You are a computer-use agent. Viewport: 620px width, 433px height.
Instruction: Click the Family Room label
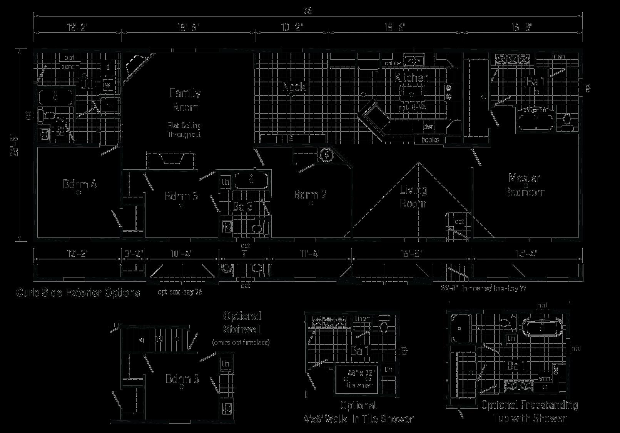[185, 100]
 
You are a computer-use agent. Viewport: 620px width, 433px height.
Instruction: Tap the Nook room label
[294, 87]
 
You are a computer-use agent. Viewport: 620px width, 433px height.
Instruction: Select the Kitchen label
[411, 78]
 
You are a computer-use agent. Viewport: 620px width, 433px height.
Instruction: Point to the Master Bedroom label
[525, 185]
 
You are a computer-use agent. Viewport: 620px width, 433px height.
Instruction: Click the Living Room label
[413, 196]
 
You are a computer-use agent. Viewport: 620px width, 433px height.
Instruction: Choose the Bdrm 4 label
[80, 184]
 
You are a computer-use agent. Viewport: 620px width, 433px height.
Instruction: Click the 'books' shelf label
[430, 140]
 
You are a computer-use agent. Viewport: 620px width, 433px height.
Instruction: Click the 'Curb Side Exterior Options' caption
[78, 293]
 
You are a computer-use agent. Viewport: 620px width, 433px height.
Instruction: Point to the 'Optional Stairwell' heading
[242, 323]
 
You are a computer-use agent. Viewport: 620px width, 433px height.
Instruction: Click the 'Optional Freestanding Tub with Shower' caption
[530, 411]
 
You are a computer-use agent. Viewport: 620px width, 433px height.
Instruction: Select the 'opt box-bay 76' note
[180, 292]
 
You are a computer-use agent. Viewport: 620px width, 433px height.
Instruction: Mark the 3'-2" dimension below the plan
[134, 254]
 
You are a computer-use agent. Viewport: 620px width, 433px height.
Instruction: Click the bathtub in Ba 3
[251, 180]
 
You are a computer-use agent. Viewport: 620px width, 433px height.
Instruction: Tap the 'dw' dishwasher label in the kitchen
[428, 126]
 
